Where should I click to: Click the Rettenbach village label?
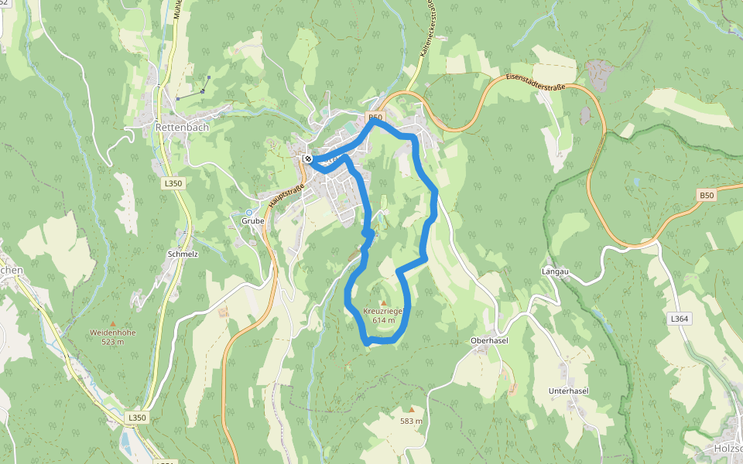(176, 127)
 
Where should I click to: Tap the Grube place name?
(252, 220)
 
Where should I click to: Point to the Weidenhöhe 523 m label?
(113, 336)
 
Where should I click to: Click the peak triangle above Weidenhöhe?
(113, 323)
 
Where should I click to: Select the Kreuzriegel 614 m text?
(383, 315)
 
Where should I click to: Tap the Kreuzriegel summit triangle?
(383, 302)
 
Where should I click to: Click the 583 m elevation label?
(412, 421)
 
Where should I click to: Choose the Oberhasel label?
(488, 341)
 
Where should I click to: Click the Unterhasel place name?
(568, 391)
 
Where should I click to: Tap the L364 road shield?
(679, 318)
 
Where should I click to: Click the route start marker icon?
(308, 159)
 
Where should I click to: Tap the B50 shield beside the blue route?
(376, 117)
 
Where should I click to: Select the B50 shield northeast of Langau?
(706, 196)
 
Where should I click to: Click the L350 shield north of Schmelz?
(173, 183)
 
